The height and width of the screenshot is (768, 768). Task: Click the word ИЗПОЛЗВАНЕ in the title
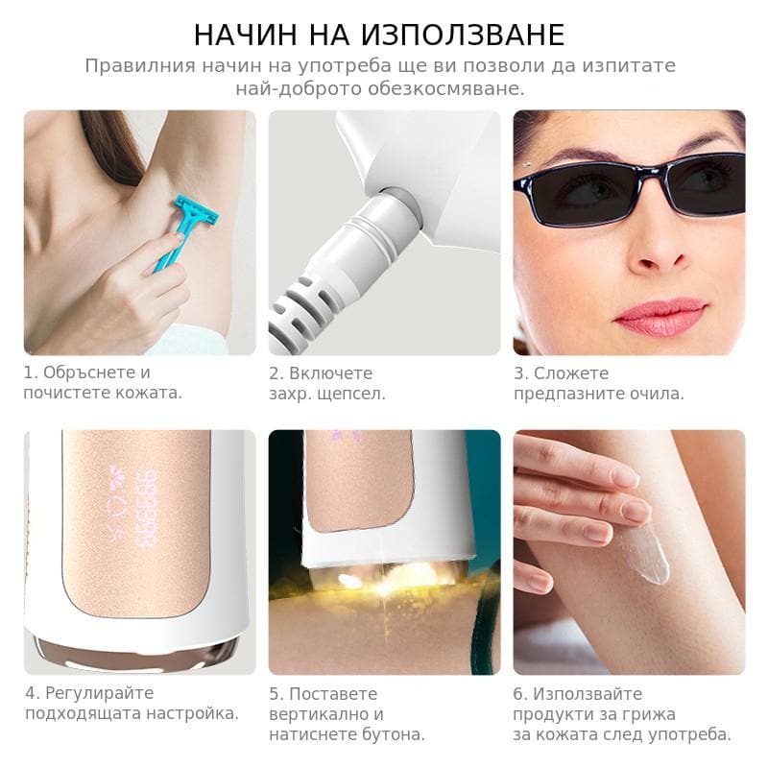pos(463,35)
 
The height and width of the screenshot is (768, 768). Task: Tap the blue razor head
pos(197,208)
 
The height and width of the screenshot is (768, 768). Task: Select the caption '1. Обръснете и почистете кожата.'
pos(103,382)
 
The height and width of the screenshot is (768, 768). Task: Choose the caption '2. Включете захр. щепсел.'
pos(327,383)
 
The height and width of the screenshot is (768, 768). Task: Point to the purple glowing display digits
pos(148,509)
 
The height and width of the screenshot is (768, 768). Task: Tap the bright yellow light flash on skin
pos(392,577)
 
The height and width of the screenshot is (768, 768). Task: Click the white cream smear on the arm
pos(645,554)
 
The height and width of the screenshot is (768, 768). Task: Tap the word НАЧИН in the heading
pos(245,35)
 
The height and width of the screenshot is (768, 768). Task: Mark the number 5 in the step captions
pos(274,694)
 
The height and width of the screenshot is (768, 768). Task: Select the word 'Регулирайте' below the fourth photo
pos(100,693)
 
